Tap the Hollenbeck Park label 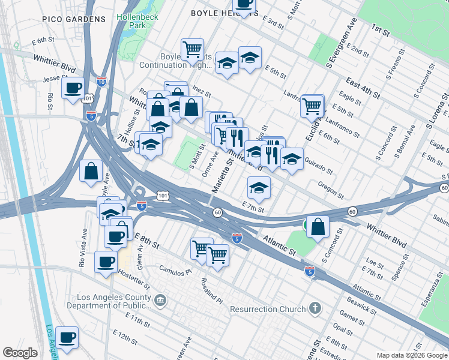(x=138, y=21)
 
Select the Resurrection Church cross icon (x=316, y=309)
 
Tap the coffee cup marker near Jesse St (x=73, y=89)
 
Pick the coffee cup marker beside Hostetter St (x=106, y=262)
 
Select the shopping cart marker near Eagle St (x=312, y=106)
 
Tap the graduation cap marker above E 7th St (x=259, y=188)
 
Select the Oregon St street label (x=331, y=191)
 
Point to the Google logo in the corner (x=20, y=352)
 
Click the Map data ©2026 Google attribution (x=412, y=355)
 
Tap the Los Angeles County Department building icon (x=160, y=299)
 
